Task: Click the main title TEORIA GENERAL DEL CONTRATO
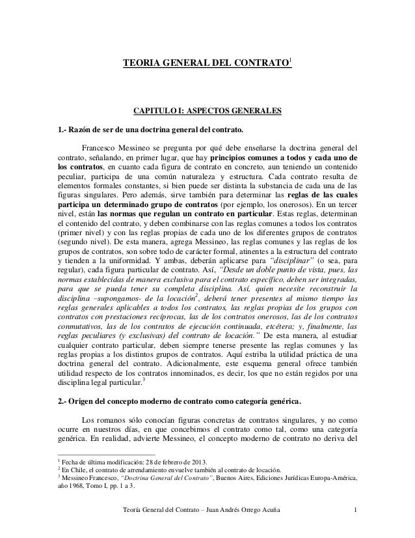pos(206,65)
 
